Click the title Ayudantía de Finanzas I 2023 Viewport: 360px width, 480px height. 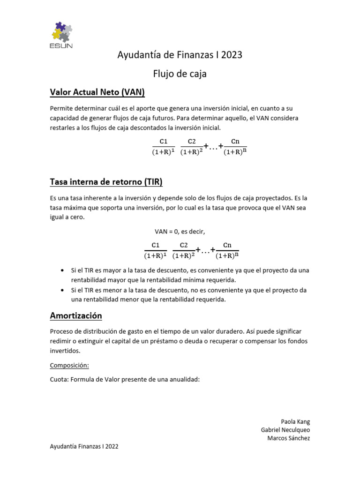180,55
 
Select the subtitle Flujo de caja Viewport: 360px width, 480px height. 180,74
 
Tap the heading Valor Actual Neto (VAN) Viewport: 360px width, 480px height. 97,92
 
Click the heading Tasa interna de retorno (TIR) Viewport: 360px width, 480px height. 106,182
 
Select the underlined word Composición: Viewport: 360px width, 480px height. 69,365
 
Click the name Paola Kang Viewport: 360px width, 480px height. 295,421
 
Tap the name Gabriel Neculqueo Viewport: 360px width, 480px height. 285,430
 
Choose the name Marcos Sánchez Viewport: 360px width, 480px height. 288,438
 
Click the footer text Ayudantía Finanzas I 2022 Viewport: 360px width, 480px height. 84,447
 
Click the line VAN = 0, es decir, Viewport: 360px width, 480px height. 180,232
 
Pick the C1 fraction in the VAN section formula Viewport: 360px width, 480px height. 164,146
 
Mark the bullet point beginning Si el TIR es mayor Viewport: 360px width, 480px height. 187,275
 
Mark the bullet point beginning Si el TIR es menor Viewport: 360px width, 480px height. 187,295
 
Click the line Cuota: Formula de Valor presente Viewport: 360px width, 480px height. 125,379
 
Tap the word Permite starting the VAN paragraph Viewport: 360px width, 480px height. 61,108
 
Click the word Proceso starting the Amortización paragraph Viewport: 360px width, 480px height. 62,331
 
